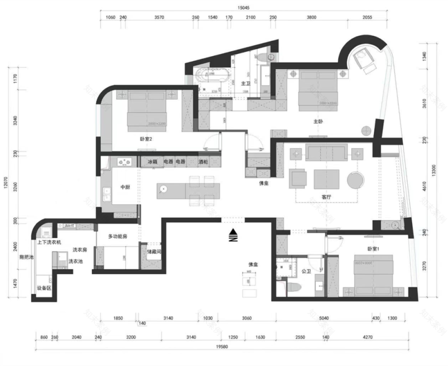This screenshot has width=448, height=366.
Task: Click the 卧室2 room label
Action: tap(147, 138)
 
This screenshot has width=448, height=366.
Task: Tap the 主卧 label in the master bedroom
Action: tap(318, 121)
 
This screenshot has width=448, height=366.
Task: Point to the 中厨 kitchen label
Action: tap(125, 187)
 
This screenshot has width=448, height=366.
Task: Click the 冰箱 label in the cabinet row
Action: tap(152, 162)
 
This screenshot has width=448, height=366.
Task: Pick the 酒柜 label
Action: tap(204, 162)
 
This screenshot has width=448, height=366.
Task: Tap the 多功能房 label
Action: tap(118, 237)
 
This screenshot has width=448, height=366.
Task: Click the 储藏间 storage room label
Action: tap(154, 251)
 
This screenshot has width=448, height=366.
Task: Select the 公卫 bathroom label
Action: tap(306, 271)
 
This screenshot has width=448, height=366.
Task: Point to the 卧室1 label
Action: tap(374, 249)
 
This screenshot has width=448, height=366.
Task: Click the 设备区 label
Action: tap(44, 288)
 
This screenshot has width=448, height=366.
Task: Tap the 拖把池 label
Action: tap(26, 257)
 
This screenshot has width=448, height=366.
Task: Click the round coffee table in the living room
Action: tap(355, 179)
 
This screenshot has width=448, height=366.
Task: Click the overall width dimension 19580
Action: tap(221, 347)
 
